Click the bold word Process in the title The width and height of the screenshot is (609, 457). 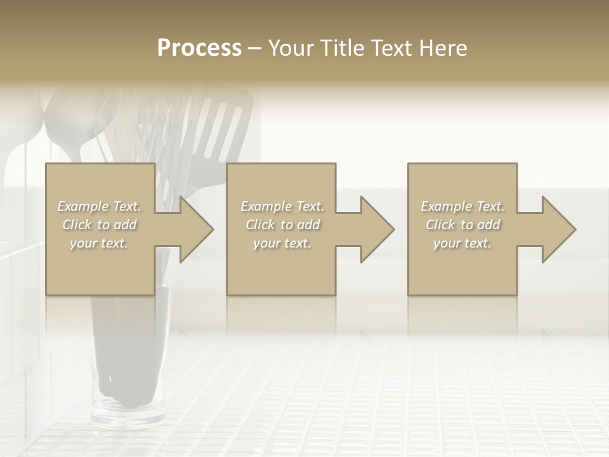(199, 48)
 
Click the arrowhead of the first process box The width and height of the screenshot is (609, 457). (197, 229)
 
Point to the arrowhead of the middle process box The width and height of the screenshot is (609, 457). (377, 229)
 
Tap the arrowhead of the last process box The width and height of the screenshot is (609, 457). (559, 229)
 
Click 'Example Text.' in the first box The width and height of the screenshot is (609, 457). (100, 206)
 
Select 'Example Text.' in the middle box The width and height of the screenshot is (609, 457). (282, 206)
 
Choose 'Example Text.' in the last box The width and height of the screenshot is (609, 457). (462, 206)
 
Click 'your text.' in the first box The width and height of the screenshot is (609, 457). (99, 243)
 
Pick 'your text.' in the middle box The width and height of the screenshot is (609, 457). (282, 243)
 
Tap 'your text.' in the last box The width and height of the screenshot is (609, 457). (462, 243)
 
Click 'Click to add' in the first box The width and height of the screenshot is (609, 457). (100, 225)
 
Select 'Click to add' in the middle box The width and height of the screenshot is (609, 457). (282, 225)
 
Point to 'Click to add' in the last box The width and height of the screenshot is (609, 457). (462, 225)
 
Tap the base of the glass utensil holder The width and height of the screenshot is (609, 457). (127, 416)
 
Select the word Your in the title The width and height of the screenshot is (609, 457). (291, 48)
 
